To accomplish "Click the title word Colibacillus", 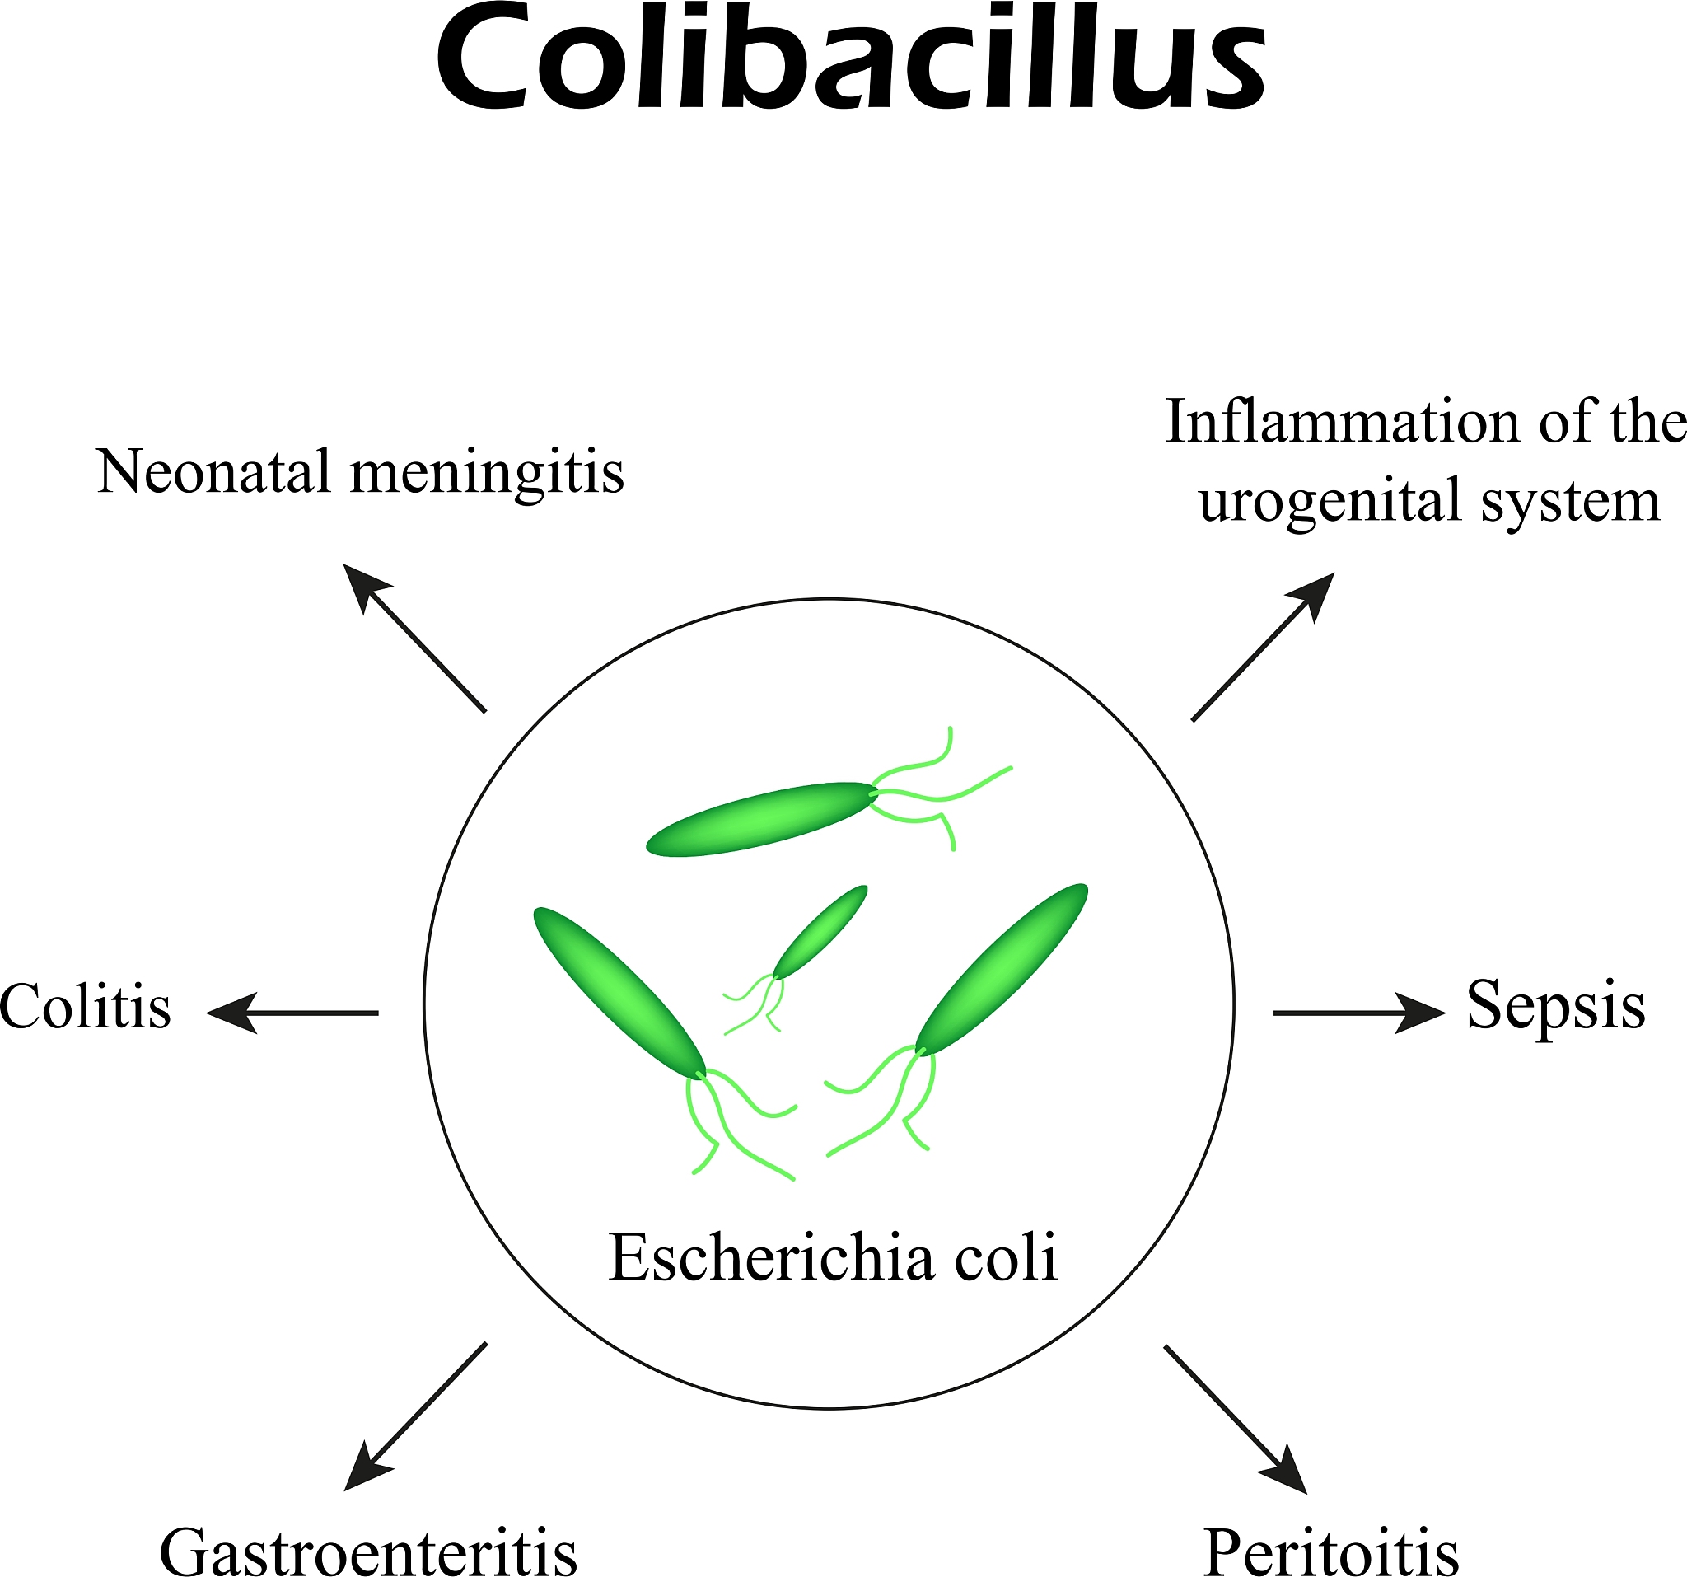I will click(x=850, y=59).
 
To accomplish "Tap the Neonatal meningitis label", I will click(x=361, y=472).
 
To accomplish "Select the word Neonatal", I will click(x=213, y=471).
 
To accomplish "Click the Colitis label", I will click(x=85, y=1008).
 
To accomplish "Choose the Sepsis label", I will click(x=1555, y=1007).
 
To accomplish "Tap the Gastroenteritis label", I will click(x=368, y=1551).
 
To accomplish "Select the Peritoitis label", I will click(x=1330, y=1551).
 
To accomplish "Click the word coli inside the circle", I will click(x=1006, y=1258).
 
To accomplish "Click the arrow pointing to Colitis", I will click(x=292, y=1013).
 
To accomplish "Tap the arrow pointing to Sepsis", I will click(x=1358, y=1013).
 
